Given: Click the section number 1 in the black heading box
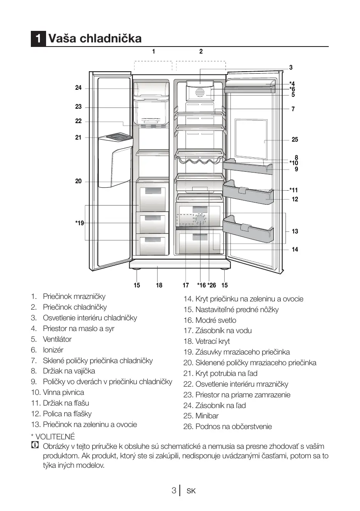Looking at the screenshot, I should [38, 39].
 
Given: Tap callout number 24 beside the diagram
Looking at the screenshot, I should [78, 88].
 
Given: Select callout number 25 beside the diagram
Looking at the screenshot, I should [295, 140].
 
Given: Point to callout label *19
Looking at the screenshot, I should [79, 223].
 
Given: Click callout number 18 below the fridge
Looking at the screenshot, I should [159, 285].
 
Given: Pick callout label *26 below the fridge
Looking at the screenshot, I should [211, 285].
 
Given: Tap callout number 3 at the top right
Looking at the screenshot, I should [290, 67].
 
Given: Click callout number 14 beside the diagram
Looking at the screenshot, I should [295, 250].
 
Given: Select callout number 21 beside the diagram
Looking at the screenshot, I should [78, 138].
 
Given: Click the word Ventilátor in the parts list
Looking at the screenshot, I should [57, 339].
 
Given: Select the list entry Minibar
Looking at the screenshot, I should [207, 416].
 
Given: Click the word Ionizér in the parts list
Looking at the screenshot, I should [53, 350].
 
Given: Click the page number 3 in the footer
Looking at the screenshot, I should [174, 491].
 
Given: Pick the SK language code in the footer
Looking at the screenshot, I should [191, 491].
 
